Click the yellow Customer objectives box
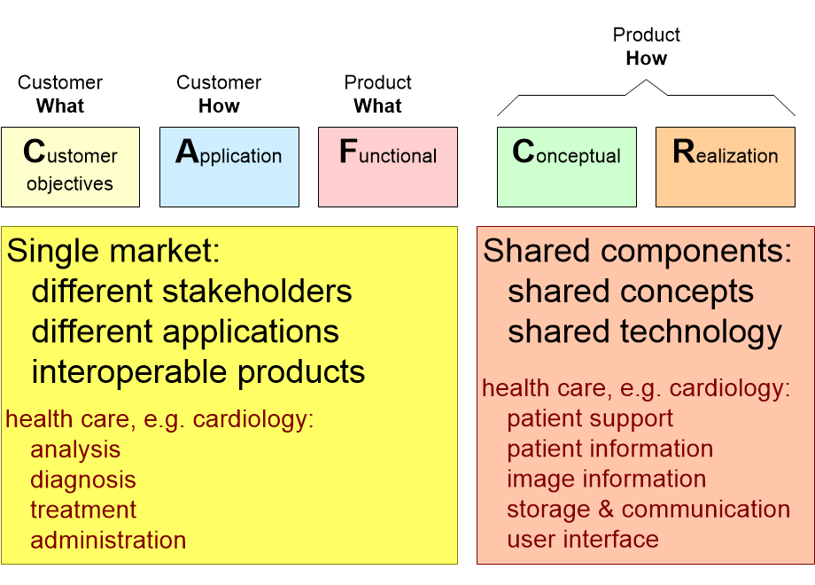[70, 168]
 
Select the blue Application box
[229, 168]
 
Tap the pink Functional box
[387, 168]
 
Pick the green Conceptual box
[566, 168]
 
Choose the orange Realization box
[725, 168]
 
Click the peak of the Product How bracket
[646, 82]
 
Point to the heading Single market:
[113, 252]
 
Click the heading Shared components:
[637, 252]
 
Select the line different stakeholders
[191, 292]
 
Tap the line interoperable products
[198, 372]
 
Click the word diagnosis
[83, 480]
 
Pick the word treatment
[83, 510]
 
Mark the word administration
[108, 540]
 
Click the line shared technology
[644, 332]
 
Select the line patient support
[590, 418]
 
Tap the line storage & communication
[648, 509]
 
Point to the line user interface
[583, 539]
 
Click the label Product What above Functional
[378, 94]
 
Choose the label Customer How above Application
[219, 94]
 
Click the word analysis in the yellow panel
[75, 449]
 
